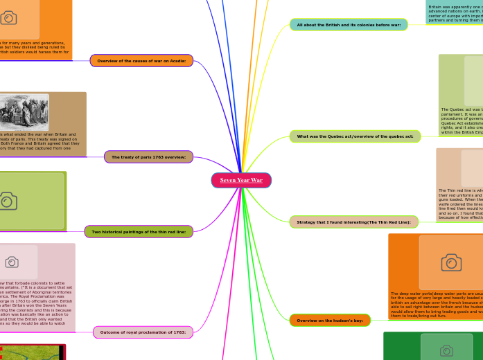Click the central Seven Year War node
pyautogui.click(x=241, y=180)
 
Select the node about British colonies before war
pyautogui.click(x=349, y=25)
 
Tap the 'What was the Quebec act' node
pyautogui.click(x=355, y=136)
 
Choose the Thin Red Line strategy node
pyautogui.click(x=353, y=222)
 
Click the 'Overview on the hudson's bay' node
pyautogui.click(x=330, y=321)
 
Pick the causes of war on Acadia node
pyautogui.click(x=141, y=61)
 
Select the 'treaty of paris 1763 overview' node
pyautogui.click(x=148, y=157)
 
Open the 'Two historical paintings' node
pyautogui.click(x=139, y=231)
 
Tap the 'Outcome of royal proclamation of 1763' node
pyautogui.click(x=142, y=333)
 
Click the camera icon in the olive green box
pyautogui.click(x=8, y=201)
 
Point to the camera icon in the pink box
pyautogui.click(x=12, y=262)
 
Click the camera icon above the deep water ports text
pyautogui.click(x=451, y=262)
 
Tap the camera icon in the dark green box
pyautogui.click(x=447, y=351)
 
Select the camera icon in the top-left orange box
pyautogui.click(x=8, y=17)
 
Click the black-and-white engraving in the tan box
pyautogui.click(x=25, y=112)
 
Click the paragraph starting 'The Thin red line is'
pyautogui.click(x=460, y=202)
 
